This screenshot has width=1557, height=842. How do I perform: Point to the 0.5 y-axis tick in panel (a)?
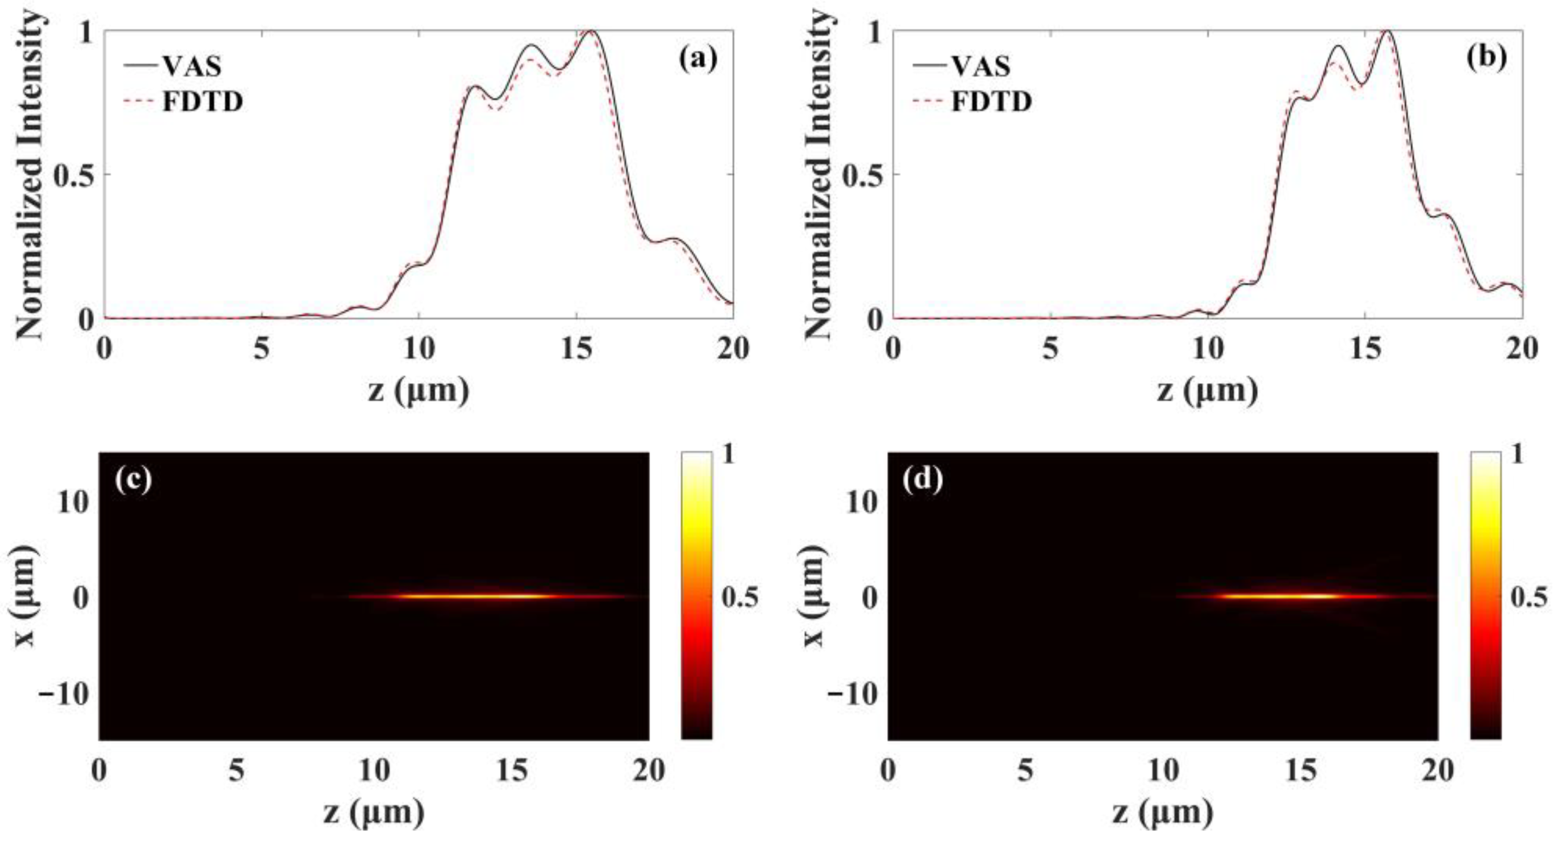pyautogui.click(x=72, y=175)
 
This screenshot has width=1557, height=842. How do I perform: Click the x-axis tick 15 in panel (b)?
pyautogui.click(x=1364, y=350)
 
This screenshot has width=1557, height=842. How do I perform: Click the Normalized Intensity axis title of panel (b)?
pyautogui.click(x=820, y=175)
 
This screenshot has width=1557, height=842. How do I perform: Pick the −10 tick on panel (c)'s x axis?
pyautogui.click(x=62, y=694)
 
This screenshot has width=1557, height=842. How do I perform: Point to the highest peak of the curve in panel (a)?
pyautogui.click(x=591, y=31)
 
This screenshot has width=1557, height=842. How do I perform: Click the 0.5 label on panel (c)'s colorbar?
pyautogui.click(x=740, y=598)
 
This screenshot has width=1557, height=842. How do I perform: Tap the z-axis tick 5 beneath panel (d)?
pyautogui.click(x=1025, y=770)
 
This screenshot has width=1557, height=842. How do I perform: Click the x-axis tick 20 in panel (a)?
pyautogui.click(x=733, y=350)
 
